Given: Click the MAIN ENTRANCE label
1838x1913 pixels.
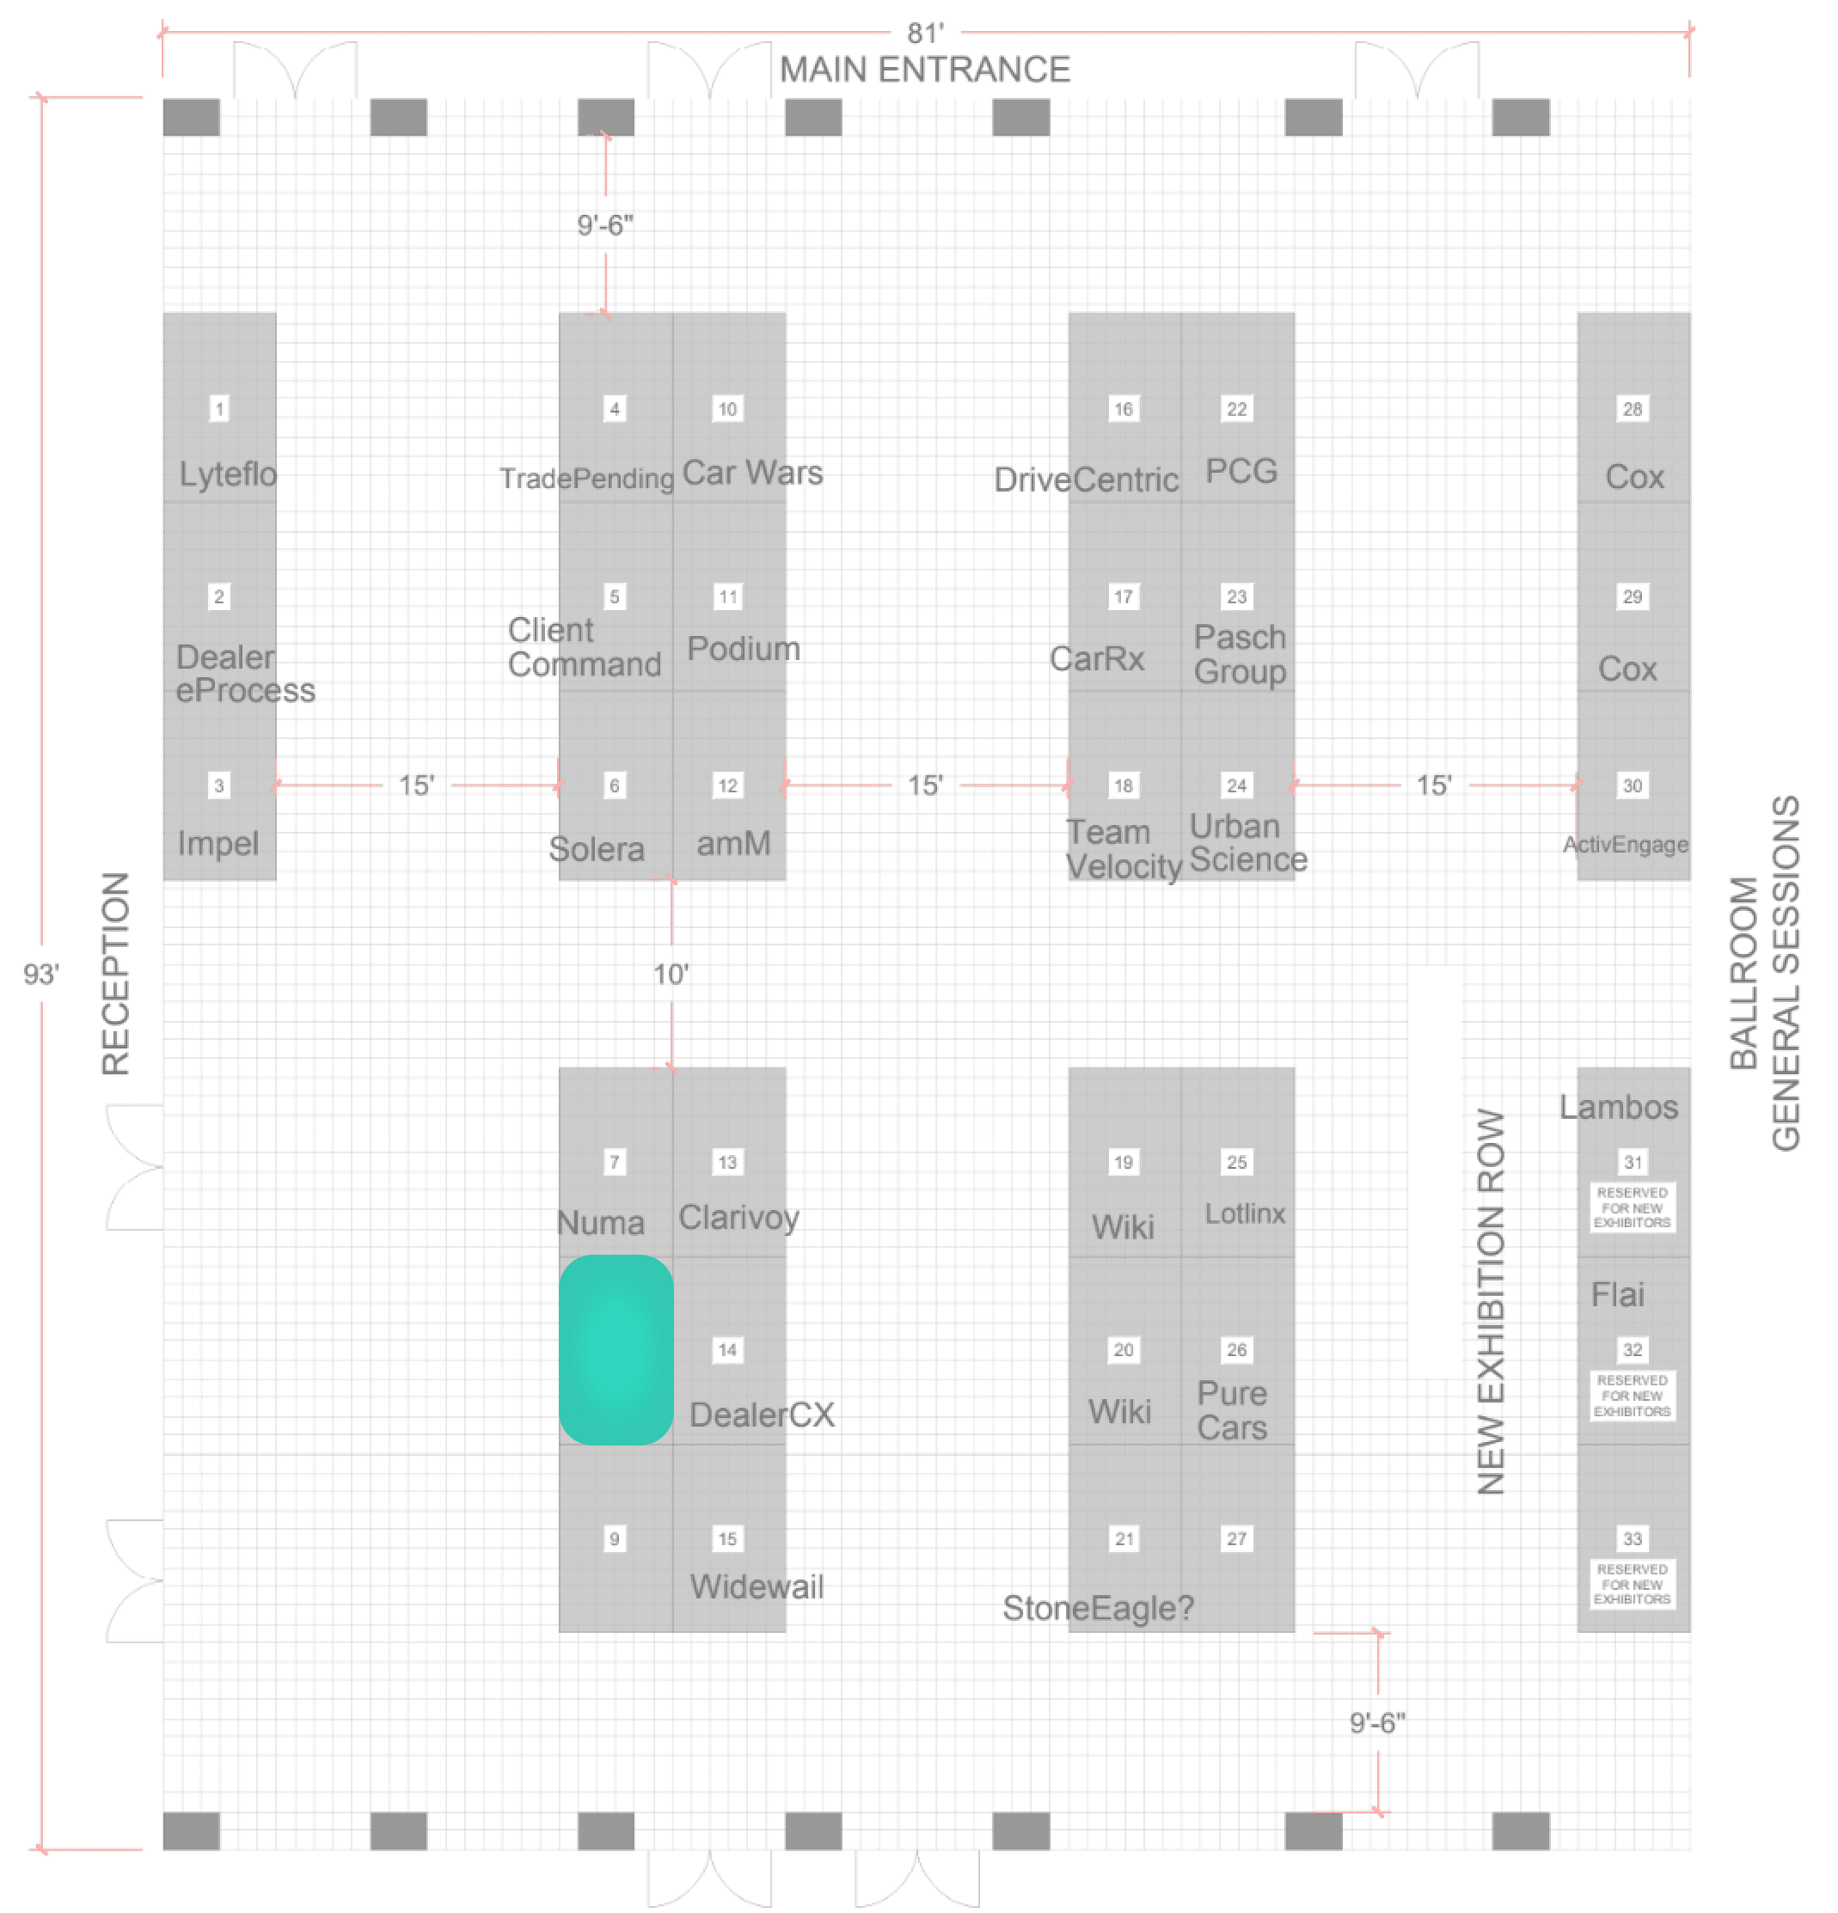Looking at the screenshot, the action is pos(923,70).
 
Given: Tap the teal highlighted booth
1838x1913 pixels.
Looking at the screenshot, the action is pos(615,1349).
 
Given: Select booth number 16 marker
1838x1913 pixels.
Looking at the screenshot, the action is pos(1123,409).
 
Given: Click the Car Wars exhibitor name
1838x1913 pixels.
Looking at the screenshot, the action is pos(751,473).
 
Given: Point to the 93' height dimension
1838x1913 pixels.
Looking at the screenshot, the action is pos(41,973).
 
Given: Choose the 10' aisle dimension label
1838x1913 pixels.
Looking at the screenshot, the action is pos(671,973).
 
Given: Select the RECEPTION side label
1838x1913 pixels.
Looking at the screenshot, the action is pos(115,973).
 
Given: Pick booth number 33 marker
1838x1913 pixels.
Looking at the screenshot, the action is pos(1632,1538).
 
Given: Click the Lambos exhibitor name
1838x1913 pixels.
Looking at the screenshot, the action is pos(1617,1107).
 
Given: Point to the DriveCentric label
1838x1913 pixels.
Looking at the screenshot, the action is pos(1086,480).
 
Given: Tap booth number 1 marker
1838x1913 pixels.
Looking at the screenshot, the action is pos(219,409).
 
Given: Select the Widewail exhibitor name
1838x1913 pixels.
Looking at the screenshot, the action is pos(757,1586).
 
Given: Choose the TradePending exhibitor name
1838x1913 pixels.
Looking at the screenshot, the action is pos(586,478).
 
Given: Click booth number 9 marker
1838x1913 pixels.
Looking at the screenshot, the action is pos(614,1538).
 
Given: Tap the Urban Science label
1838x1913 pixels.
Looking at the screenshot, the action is pos(1247,842).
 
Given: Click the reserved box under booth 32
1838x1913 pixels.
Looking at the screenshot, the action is pos(1632,1395).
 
